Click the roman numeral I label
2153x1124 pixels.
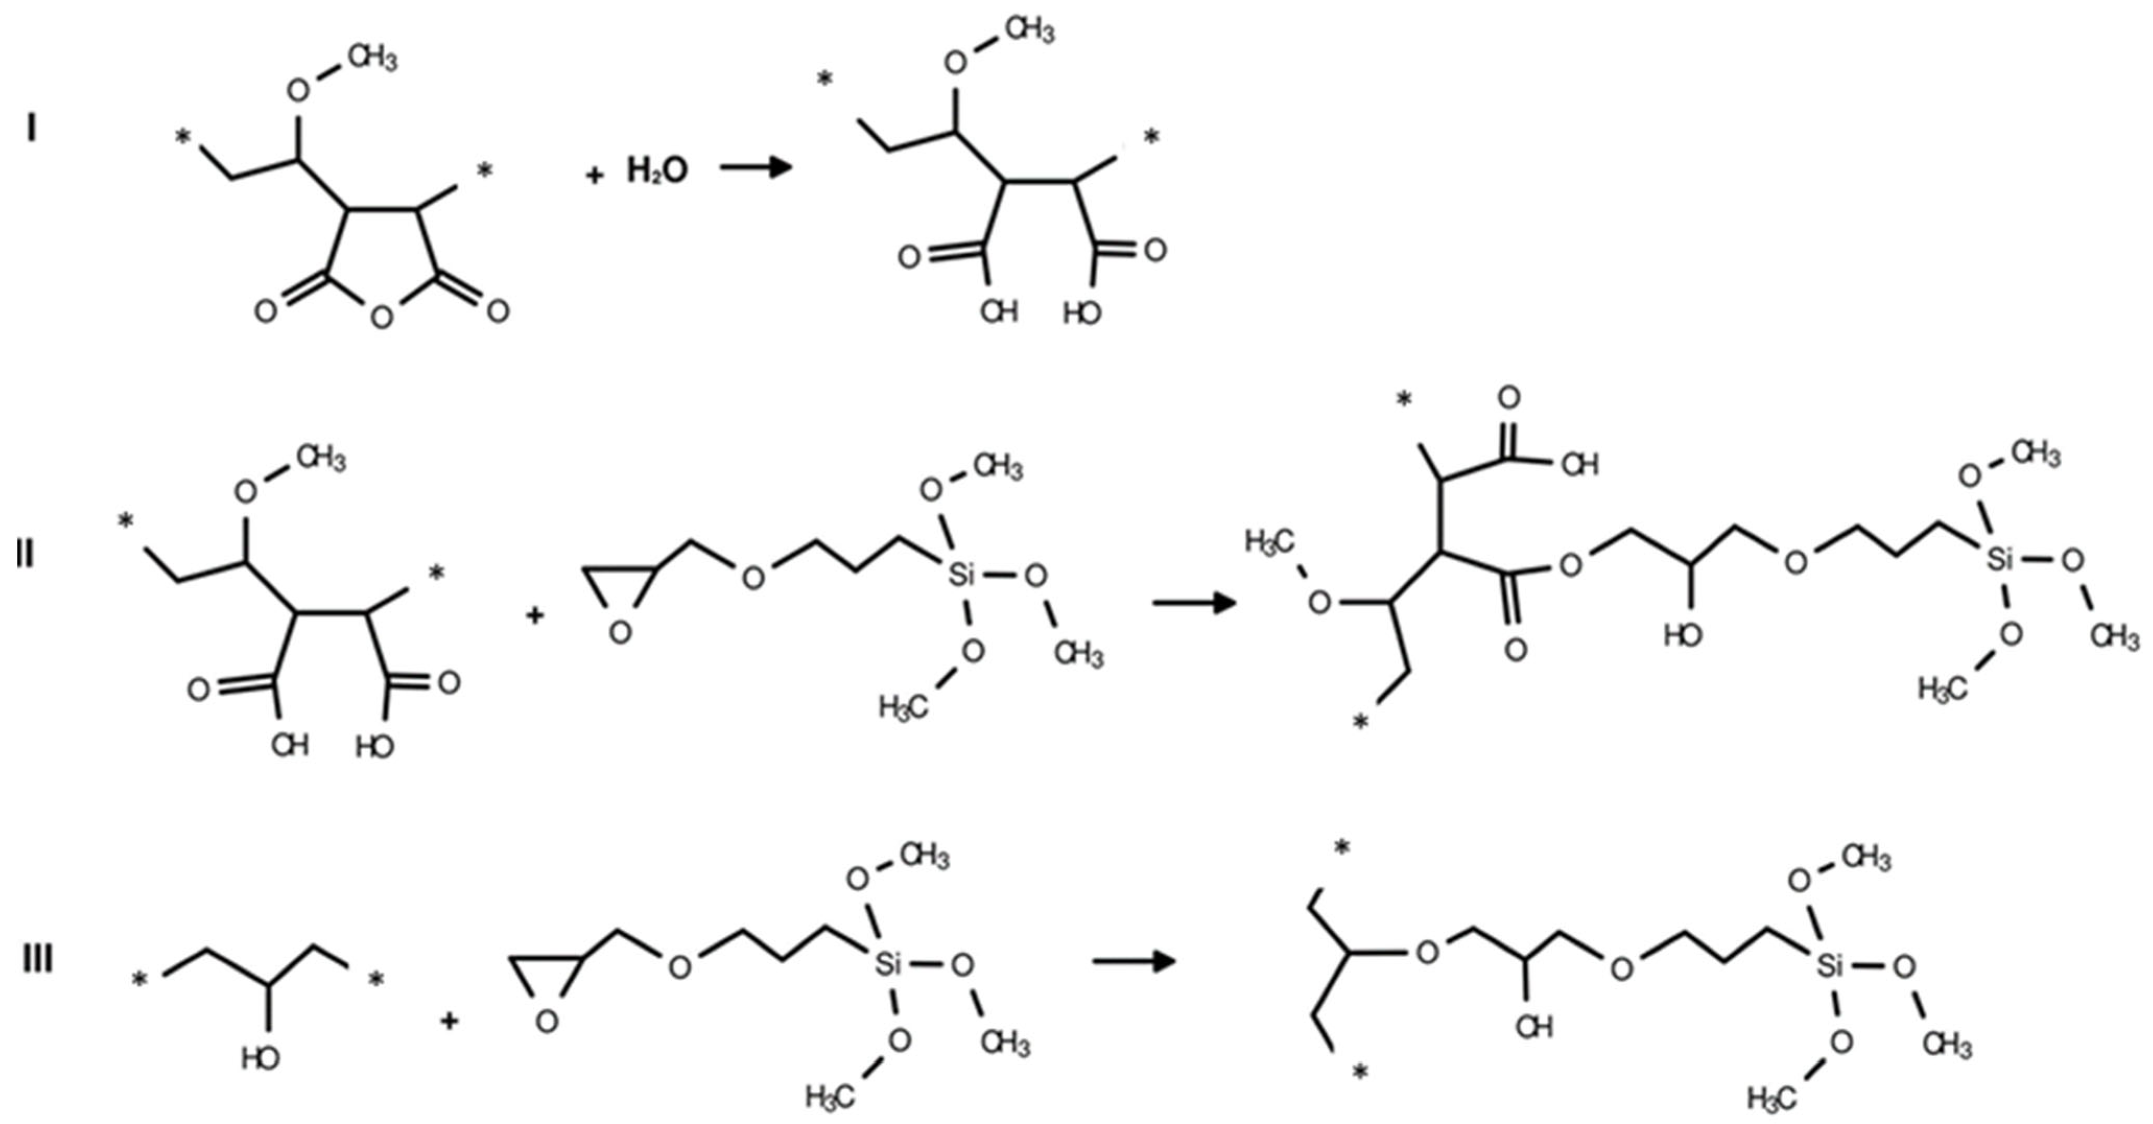32,129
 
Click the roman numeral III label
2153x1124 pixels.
38,960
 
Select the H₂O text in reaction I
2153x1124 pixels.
657,171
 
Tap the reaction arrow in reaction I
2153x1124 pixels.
756,168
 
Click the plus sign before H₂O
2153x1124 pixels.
594,175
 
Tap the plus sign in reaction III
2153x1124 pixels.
450,1021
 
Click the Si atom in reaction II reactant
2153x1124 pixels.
962,575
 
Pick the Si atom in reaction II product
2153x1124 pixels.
1999,559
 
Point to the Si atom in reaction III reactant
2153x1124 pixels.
888,966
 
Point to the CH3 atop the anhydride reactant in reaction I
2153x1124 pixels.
372,60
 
